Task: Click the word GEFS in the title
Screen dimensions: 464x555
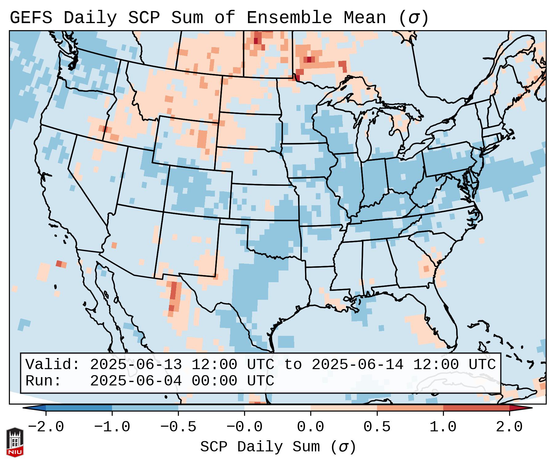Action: pos(31,18)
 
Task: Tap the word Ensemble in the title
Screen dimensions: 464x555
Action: pos(289,18)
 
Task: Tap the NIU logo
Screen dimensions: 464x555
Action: pos(15,442)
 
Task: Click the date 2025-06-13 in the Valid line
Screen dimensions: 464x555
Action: pos(136,365)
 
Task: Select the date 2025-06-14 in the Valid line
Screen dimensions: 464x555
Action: pos(357,365)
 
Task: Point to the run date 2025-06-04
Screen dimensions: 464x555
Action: pos(136,381)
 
